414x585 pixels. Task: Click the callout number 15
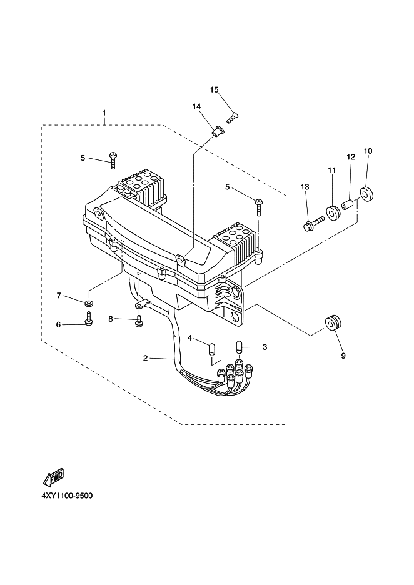214,89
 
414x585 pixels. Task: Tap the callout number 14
196,107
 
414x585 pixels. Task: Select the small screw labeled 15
233,116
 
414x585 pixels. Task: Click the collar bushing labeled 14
216,132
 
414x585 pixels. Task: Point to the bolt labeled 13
311,225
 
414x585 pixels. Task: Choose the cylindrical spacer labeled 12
347,204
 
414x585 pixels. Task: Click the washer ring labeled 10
366,195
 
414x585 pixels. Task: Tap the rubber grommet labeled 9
333,322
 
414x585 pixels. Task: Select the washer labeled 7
89,302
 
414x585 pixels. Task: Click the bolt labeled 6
89,319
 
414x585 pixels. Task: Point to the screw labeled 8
139,321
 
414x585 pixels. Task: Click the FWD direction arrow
54,477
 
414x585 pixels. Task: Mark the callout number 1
104,112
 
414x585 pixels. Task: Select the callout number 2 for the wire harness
146,359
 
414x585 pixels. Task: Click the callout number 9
343,356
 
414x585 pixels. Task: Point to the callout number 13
305,186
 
